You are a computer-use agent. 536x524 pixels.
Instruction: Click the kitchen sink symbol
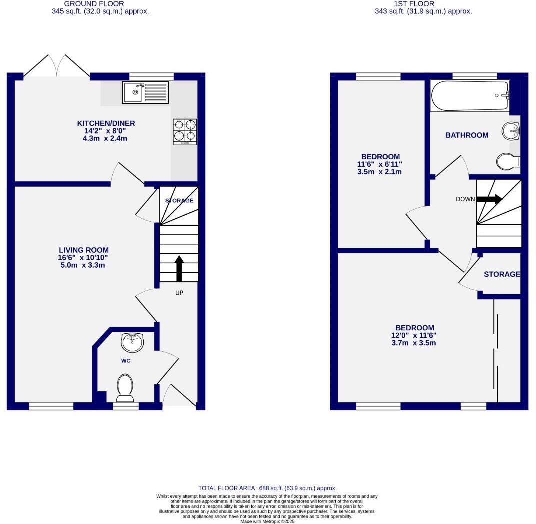(x=145, y=92)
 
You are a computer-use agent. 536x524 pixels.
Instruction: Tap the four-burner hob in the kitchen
(x=185, y=131)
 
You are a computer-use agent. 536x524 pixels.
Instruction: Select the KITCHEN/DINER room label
(x=106, y=123)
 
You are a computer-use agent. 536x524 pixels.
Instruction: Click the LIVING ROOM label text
(x=83, y=250)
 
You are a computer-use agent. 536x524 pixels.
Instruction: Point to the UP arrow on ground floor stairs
(x=179, y=269)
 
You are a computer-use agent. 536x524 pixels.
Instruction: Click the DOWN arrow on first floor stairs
(x=489, y=199)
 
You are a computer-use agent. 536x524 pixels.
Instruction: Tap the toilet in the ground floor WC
(x=125, y=388)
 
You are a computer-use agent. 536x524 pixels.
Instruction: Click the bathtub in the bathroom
(x=470, y=96)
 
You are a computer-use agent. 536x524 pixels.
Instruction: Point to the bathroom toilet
(x=508, y=161)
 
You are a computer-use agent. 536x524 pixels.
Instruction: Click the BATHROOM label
(x=467, y=135)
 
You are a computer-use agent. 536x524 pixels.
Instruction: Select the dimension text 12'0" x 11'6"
(x=413, y=335)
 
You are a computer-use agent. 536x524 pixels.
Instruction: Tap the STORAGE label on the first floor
(x=502, y=274)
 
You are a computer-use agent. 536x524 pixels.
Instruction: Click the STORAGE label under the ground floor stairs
(x=179, y=200)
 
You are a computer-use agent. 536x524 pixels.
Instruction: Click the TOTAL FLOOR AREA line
(x=267, y=488)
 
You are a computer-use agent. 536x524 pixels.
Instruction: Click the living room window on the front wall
(x=51, y=406)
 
